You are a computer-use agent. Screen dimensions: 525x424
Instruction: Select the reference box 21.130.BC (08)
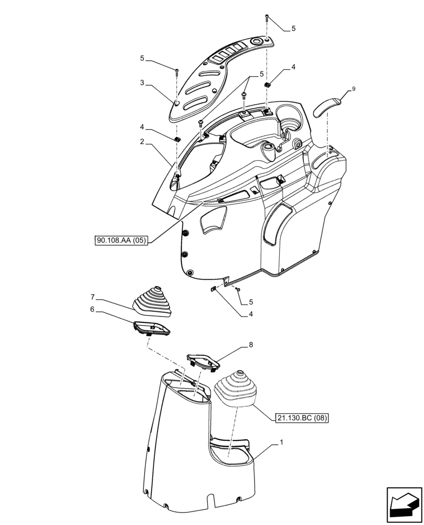tap(301, 418)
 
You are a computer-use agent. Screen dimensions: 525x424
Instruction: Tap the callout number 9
tap(354, 89)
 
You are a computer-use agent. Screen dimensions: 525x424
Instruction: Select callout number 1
tap(282, 443)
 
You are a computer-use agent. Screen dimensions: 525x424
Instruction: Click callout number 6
tap(92, 310)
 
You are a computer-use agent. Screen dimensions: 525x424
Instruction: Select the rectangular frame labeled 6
tap(152, 329)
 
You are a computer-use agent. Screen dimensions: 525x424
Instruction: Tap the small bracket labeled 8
tap(202, 362)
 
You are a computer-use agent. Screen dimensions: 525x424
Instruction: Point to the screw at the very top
tap(268, 18)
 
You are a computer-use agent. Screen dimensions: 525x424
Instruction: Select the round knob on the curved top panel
tap(257, 41)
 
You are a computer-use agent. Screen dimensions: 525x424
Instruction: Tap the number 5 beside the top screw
tap(293, 29)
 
